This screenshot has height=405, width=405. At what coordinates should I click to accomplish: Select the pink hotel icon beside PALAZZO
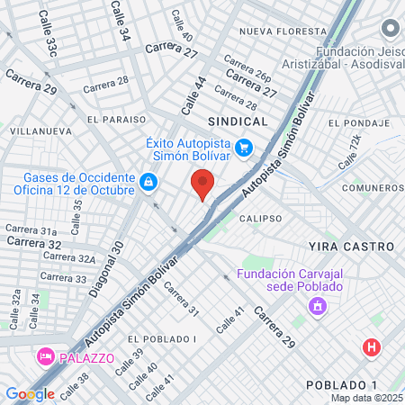click(44, 357)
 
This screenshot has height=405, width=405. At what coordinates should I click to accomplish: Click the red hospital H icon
click(370, 346)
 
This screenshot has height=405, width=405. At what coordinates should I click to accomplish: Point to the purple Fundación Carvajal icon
click(317, 308)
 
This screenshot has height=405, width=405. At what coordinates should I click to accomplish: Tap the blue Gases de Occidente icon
click(148, 184)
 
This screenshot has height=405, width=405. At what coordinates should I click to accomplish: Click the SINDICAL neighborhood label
click(238, 121)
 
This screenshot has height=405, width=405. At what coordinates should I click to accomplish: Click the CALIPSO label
click(260, 218)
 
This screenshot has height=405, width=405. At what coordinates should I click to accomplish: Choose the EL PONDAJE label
click(357, 122)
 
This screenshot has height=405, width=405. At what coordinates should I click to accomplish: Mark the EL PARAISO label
click(117, 119)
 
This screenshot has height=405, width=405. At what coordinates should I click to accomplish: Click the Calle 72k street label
click(349, 154)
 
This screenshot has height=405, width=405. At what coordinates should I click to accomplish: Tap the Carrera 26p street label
click(247, 69)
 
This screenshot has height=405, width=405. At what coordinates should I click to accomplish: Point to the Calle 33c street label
click(49, 34)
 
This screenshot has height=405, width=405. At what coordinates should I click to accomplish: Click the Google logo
click(30, 393)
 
